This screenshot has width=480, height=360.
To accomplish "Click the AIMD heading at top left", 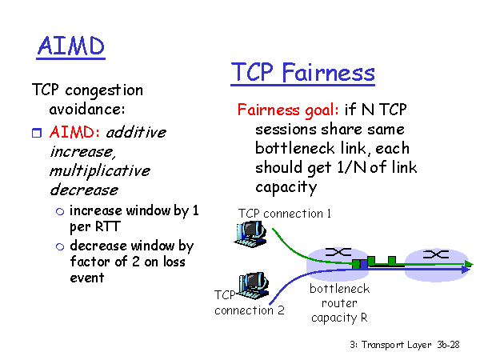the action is point(70,46).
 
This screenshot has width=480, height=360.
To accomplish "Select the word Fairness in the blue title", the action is point(328,73).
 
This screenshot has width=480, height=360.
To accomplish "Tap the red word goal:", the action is point(322,110).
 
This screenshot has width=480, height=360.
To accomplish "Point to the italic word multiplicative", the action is point(100,171).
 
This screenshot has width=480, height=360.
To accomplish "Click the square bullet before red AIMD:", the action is point(37,133).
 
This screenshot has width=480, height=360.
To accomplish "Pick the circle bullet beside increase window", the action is point(60,211).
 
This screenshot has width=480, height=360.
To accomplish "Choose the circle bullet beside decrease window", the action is point(60,246).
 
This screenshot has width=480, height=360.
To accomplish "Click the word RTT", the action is point(108,226).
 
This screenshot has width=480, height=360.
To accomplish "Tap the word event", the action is point(87,278).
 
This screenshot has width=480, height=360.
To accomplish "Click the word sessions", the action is point(286,130).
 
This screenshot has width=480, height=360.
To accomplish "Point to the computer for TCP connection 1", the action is point(250,234).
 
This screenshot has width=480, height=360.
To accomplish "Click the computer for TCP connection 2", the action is point(253,286).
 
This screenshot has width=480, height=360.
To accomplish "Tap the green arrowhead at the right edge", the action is point(468,263).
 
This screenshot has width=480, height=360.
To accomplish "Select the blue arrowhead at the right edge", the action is point(466,270).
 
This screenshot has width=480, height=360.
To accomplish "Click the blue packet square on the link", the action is point(363,264).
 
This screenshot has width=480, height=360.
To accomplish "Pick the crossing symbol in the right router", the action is point(436,254).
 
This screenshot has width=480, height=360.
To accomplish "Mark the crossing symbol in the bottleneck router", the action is point(338,252).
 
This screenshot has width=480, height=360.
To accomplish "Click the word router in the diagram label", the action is point(339,303).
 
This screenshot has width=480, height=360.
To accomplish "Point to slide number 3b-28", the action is point(448,345).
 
